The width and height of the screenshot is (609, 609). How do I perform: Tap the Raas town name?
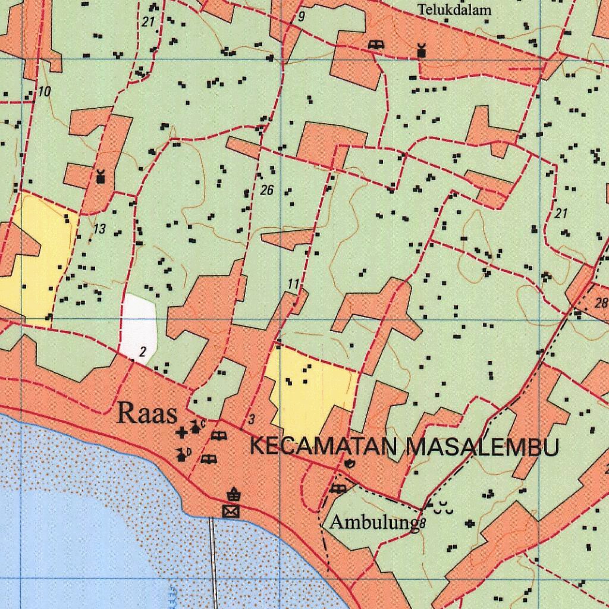point(147,413)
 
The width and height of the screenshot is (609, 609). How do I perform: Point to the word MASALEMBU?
point(482,447)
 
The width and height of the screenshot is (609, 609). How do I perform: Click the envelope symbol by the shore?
point(230,511)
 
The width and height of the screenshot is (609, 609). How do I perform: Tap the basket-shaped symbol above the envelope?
point(233,493)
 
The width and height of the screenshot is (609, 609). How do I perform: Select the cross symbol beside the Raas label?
point(181,433)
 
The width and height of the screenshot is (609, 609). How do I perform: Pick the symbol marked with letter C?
point(196,426)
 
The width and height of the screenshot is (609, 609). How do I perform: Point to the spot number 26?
point(266,190)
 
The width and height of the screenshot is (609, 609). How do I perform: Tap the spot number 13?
point(99,229)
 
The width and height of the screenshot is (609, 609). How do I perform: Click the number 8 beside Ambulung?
point(422,524)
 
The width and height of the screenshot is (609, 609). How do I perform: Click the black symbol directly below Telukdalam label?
point(422,50)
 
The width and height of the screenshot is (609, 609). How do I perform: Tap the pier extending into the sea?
point(212,559)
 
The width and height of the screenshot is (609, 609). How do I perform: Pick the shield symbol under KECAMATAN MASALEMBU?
point(349,463)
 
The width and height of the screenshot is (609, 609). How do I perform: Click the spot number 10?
point(45,92)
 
